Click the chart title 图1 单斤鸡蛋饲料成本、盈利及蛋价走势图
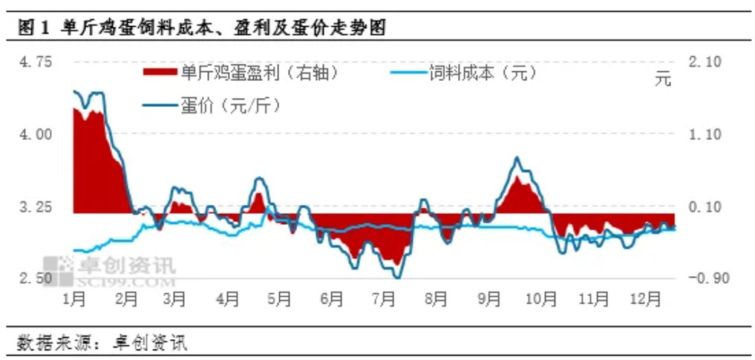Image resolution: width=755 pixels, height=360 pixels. pyautogui.click(x=200, y=29)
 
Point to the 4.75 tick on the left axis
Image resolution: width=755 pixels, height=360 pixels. pyautogui.click(x=37, y=62)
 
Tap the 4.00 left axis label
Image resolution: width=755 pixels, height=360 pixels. pyautogui.click(x=37, y=134)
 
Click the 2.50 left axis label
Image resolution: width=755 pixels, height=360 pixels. pyautogui.click(x=37, y=278)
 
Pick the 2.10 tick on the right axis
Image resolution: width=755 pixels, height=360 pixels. pyautogui.click(x=705, y=62)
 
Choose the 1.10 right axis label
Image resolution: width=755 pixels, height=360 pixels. pyautogui.click(x=705, y=134)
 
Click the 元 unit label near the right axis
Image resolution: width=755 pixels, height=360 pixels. pyautogui.click(x=662, y=79)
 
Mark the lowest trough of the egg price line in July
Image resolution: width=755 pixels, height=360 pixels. pyautogui.click(x=397, y=278)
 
